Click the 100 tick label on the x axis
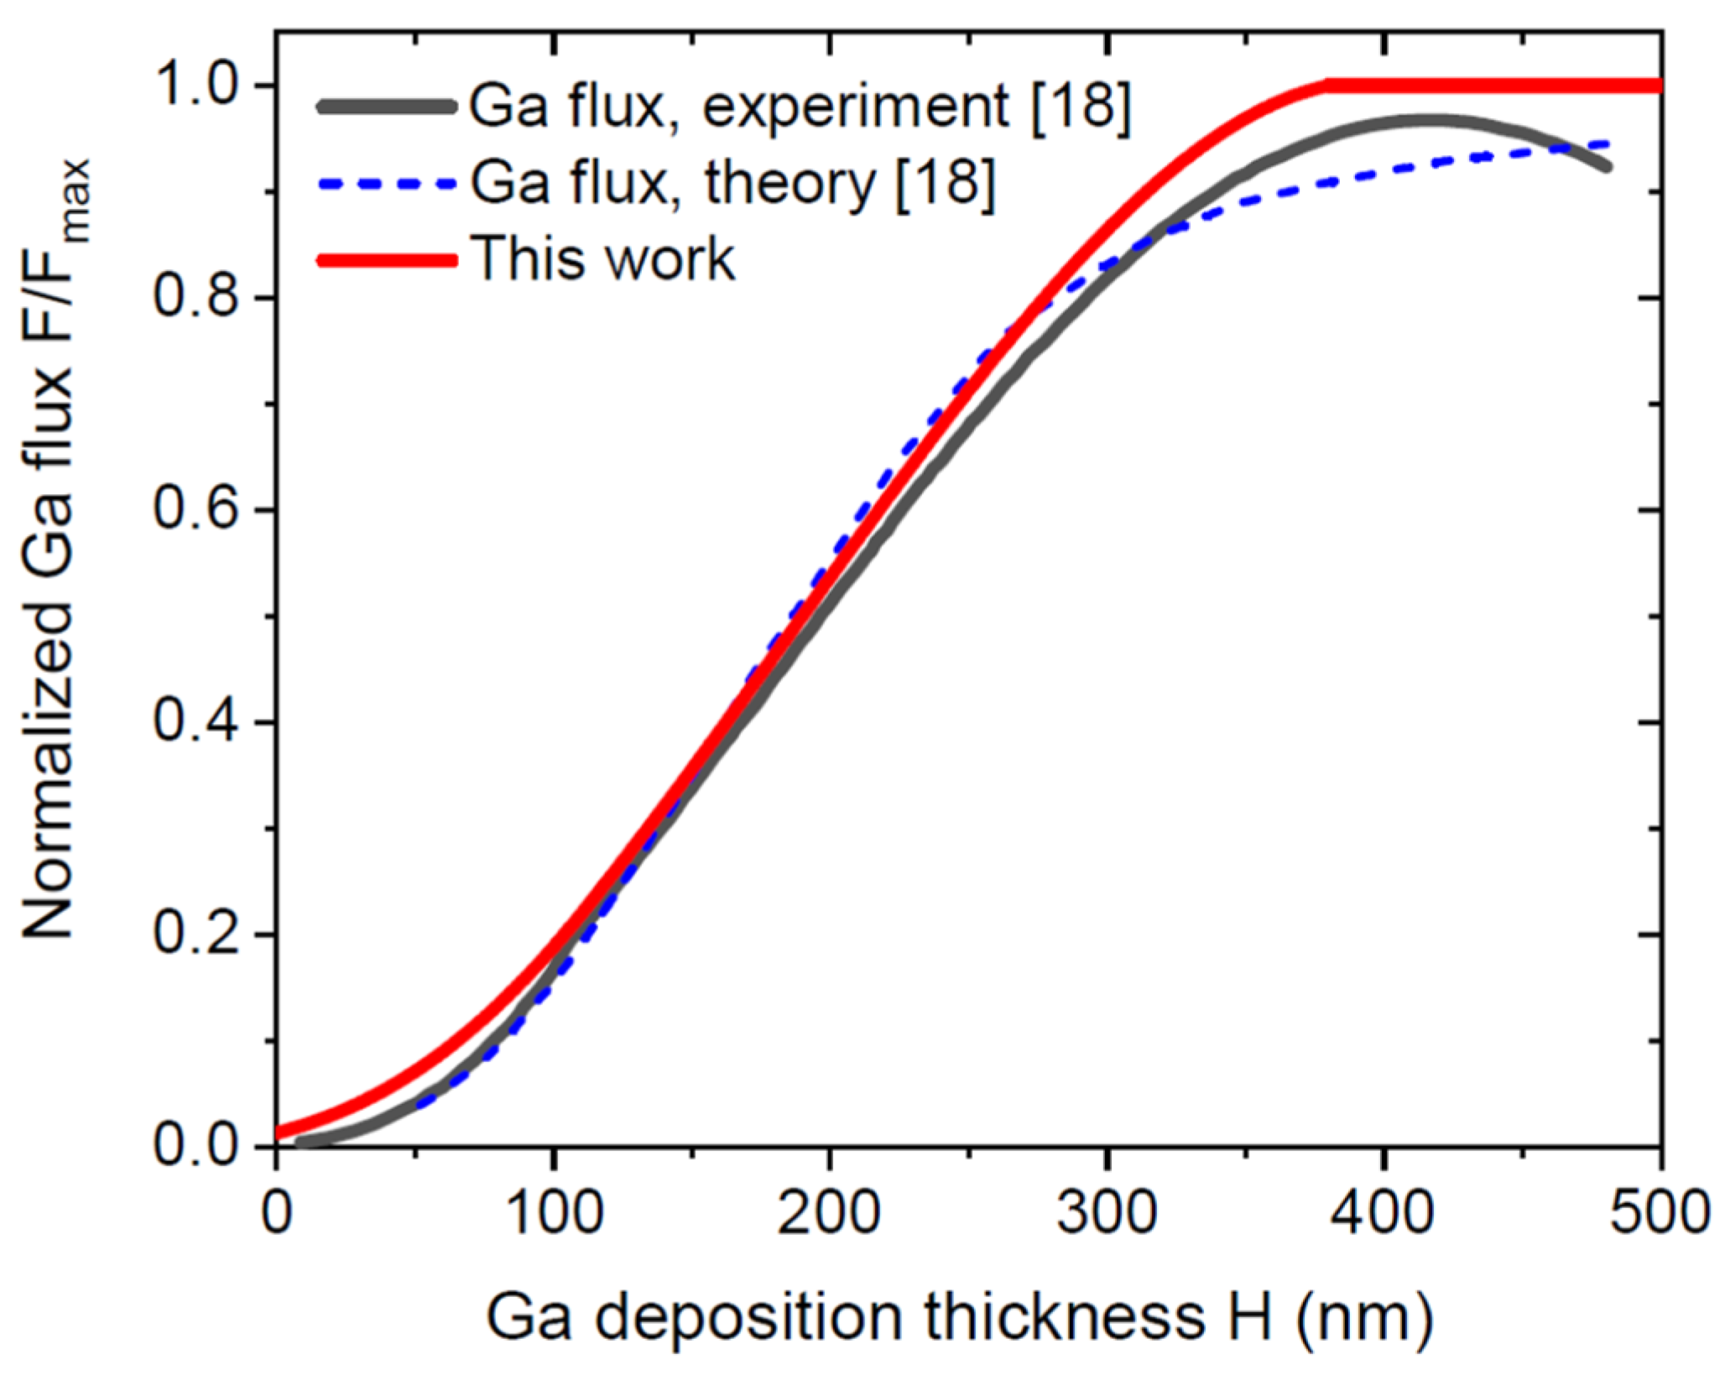555,1213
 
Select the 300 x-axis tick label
1107,1213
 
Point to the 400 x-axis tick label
1384,1213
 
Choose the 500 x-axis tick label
1660,1213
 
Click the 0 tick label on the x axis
277,1213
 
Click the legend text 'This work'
602,258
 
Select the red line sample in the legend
388,260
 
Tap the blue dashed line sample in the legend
388,183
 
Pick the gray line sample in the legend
388,106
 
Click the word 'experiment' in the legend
856,107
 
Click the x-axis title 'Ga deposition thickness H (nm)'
958,1318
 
